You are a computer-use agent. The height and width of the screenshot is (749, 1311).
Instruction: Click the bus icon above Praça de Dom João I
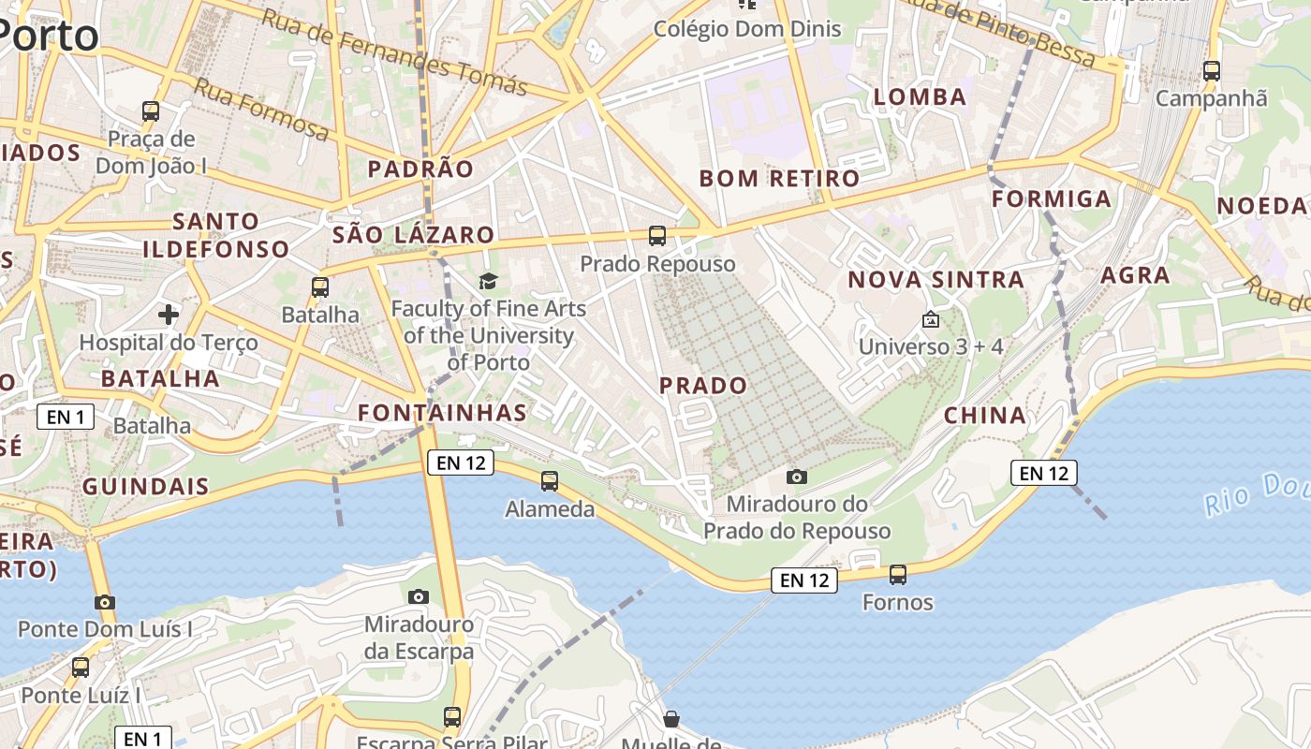(x=151, y=111)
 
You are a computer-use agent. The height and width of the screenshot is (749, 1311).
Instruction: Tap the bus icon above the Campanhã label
(x=1211, y=70)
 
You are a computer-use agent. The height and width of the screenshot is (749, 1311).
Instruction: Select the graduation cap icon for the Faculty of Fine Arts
(x=488, y=281)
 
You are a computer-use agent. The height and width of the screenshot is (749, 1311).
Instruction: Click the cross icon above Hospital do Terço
(x=169, y=315)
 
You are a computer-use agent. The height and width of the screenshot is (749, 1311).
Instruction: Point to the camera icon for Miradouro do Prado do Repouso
(x=797, y=477)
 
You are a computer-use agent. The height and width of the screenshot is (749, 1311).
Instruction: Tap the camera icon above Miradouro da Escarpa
(x=419, y=596)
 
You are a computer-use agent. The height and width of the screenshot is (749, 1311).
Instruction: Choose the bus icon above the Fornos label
(x=898, y=575)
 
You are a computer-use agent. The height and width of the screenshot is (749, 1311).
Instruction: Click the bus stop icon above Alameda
(x=550, y=481)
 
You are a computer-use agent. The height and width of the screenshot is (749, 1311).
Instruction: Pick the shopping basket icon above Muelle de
(x=671, y=719)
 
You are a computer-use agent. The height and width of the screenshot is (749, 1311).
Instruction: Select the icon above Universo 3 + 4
(x=931, y=319)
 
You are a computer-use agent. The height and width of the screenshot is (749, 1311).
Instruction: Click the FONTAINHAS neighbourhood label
(x=442, y=413)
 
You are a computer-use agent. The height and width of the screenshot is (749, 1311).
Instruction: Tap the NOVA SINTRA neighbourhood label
(x=935, y=279)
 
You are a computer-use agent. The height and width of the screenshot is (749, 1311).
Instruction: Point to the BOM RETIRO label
(x=779, y=178)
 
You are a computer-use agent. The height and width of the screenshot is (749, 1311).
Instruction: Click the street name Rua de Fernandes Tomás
(x=394, y=52)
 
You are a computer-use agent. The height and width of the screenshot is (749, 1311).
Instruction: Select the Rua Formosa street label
(x=261, y=110)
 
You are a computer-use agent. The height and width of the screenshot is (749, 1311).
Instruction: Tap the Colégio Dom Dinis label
(x=747, y=29)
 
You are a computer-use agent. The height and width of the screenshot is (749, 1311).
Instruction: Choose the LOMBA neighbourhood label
(x=920, y=96)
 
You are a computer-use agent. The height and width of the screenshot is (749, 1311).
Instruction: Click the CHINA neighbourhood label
(x=984, y=416)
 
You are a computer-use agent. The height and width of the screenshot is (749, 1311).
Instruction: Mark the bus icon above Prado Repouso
(x=657, y=236)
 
